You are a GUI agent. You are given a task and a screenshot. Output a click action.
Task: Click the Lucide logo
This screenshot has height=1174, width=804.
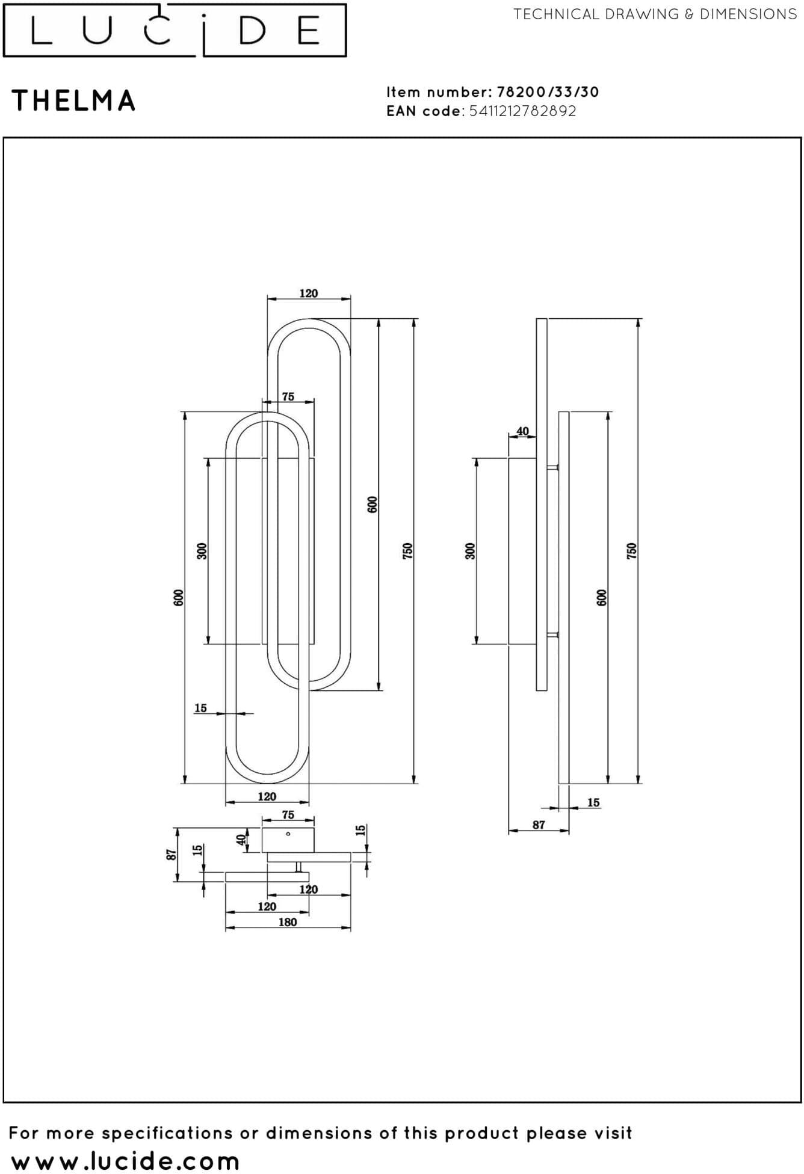(175, 30)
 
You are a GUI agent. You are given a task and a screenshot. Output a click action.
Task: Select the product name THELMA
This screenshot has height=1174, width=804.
(73, 100)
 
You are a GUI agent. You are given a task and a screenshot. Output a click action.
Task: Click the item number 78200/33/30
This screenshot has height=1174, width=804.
(548, 92)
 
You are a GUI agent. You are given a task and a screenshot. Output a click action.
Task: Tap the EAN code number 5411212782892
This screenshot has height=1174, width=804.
(523, 111)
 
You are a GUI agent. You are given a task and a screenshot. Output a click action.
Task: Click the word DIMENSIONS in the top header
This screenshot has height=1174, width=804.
(748, 14)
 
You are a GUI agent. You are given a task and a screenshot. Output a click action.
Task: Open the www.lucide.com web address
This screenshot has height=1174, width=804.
(125, 1161)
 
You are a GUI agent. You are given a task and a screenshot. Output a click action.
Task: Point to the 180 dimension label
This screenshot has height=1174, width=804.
(288, 922)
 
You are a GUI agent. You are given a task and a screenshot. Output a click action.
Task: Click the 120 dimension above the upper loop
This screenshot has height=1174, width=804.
(309, 293)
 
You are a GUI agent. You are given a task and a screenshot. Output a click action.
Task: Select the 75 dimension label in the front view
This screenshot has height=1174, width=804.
(288, 397)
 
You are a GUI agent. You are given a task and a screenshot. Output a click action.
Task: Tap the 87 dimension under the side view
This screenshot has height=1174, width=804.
(539, 825)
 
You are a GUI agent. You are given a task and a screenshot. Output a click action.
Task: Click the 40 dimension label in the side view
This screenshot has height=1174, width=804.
(522, 431)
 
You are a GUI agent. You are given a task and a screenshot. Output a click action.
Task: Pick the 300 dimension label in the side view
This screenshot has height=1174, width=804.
(471, 551)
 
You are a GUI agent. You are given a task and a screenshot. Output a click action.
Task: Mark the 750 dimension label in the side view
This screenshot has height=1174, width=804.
(631, 551)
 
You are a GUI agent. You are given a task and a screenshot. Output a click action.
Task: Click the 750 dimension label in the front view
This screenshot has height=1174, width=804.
(407, 551)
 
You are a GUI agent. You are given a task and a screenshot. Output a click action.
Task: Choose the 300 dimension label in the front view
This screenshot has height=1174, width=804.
(202, 551)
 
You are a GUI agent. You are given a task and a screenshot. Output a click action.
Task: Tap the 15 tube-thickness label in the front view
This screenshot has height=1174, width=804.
(200, 708)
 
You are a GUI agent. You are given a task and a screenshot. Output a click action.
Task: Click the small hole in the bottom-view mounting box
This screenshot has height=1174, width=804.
(288, 834)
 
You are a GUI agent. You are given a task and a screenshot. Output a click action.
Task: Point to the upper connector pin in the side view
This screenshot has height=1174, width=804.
(553, 467)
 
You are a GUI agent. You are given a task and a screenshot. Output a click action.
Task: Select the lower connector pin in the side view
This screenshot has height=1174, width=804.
(553, 635)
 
